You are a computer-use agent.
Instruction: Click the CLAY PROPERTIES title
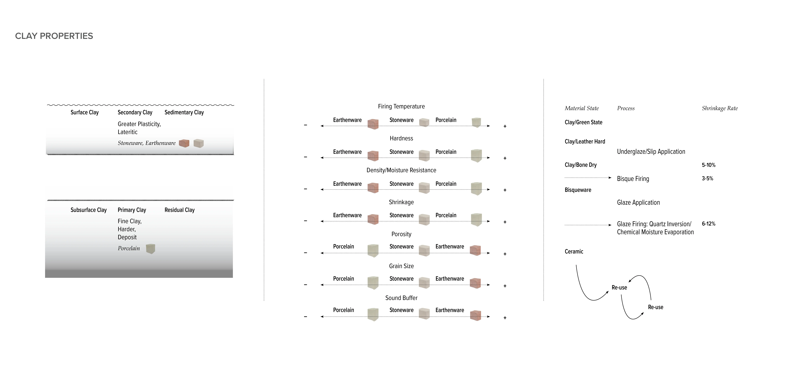(54, 36)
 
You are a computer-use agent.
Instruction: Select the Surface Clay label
(85, 112)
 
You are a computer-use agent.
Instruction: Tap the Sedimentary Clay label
(184, 112)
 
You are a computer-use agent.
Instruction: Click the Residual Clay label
(179, 210)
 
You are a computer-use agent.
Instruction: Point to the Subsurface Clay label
(89, 210)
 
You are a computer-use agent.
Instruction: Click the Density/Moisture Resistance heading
(401, 170)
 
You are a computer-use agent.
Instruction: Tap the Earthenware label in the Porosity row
(449, 247)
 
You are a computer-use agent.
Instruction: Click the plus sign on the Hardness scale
(505, 158)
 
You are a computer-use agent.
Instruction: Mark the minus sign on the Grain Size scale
(305, 285)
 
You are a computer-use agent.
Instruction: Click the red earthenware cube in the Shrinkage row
(373, 219)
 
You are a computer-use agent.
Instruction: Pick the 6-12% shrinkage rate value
(708, 224)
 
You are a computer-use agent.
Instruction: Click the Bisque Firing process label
(633, 179)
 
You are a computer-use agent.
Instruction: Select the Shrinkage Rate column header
(720, 108)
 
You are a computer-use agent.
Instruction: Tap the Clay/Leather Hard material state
(585, 142)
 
